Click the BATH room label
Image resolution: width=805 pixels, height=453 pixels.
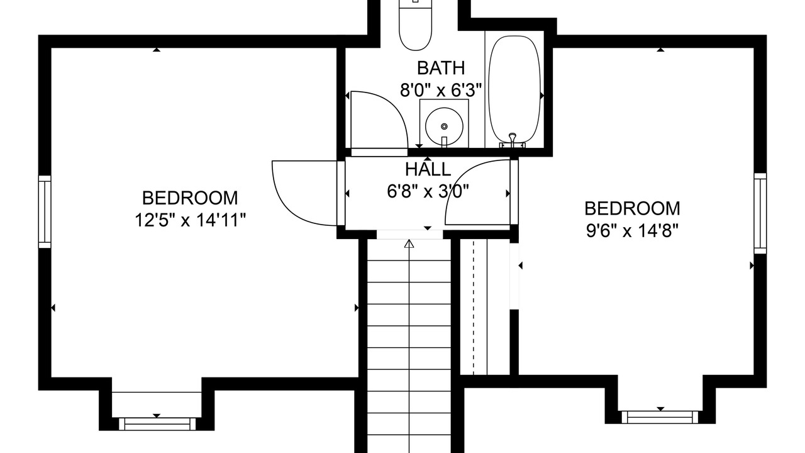[441, 68]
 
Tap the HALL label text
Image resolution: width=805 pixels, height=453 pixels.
[428, 170]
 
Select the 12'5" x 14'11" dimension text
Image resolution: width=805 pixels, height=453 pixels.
[190, 220]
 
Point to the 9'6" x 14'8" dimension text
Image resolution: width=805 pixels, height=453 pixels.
[632, 230]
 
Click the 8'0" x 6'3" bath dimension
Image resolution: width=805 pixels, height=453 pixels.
[441, 90]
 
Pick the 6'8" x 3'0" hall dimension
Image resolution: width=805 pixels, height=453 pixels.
[428, 191]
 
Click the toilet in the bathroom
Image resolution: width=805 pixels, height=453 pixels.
[416, 25]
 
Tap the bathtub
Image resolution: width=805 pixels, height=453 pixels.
[515, 90]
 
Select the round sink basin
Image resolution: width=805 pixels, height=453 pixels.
[444, 126]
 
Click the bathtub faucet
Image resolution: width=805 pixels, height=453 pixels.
[513, 140]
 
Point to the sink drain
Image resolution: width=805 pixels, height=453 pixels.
[444, 126]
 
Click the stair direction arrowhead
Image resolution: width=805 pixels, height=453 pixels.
[409, 243]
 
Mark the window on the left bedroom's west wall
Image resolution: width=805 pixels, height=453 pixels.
[45, 212]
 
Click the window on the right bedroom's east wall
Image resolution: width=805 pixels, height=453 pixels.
[760, 213]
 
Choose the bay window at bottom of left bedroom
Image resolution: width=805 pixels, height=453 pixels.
[157, 424]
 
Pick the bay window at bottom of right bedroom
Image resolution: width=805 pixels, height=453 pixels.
[660, 417]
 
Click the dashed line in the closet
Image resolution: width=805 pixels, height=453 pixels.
[474, 308]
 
